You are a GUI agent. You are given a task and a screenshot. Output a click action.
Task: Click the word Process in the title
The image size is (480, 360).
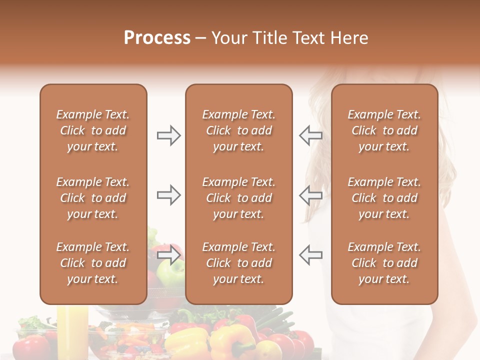[x=157, y=38]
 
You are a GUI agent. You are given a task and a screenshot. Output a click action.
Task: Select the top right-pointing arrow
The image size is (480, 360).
[x=168, y=135]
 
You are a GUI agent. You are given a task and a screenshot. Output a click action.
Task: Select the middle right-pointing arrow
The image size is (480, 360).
[x=168, y=195]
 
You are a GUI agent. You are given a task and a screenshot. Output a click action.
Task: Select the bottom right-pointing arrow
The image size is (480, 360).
[x=168, y=255]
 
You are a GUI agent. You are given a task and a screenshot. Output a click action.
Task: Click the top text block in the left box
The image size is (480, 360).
[x=93, y=130]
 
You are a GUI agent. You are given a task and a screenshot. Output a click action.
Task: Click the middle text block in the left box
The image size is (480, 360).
[x=93, y=198]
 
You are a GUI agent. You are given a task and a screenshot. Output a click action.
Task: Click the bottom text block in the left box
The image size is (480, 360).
[x=93, y=263]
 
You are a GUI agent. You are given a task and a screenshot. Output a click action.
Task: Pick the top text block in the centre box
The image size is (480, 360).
[x=238, y=130]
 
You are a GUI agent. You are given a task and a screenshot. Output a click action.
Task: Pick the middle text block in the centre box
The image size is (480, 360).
[x=238, y=198]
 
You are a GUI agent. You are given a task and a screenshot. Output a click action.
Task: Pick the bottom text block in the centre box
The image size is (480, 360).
[x=238, y=263]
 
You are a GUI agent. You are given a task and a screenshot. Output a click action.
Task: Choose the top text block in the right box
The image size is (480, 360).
[x=384, y=130]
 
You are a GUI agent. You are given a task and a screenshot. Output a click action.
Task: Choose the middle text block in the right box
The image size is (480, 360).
[x=384, y=198]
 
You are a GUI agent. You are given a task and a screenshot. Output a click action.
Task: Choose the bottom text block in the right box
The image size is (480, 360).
[x=384, y=263]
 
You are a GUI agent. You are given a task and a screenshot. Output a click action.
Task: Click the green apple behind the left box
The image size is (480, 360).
[x=167, y=272]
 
